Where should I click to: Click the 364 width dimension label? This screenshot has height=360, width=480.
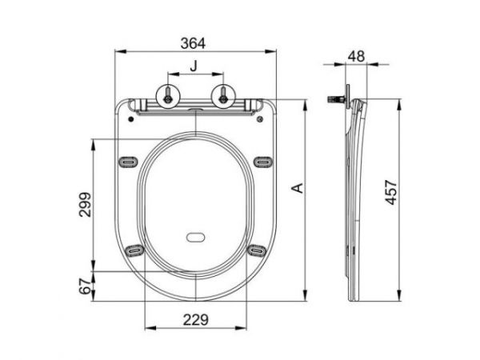click(193, 43)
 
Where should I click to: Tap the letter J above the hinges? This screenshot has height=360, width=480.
click(194, 66)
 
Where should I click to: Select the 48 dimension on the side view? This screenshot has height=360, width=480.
click(357, 56)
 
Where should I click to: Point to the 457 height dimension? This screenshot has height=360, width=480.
click(391, 192)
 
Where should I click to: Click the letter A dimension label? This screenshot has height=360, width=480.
click(298, 188)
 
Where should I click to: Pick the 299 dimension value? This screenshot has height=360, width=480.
click(85, 205)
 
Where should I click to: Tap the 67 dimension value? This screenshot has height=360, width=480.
click(85, 286)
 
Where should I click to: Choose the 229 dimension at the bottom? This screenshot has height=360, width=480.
click(196, 320)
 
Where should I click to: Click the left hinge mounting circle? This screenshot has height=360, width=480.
click(168, 95)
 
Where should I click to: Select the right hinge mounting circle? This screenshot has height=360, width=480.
click(223, 95)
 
